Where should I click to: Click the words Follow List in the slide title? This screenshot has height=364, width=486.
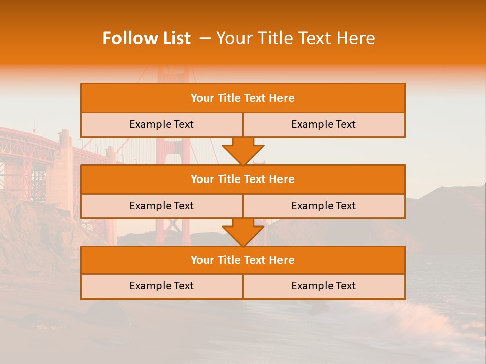click(x=146, y=38)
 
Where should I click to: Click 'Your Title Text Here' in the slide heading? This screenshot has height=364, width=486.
click(x=295, y=38)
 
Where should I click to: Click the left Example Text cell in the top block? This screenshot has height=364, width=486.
click(x=161, y=124)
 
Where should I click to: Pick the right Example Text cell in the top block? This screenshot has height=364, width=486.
click(x=323, y=124)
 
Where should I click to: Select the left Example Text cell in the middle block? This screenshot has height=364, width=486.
click(x=161, y=206)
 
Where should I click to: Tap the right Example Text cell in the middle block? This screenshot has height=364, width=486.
click(x=323, y=206)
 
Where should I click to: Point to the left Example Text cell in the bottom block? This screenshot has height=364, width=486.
click(x=161, y=286)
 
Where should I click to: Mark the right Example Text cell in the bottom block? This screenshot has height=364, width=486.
click(x=323, y=286)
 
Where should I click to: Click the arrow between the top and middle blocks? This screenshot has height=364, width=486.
click(x=243, y=151)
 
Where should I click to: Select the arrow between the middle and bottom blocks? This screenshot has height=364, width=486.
click(x=243, y=232)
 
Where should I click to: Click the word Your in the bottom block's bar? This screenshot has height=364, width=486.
click(x=202, y=260)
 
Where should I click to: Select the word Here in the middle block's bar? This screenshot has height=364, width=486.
click(x=282, y=179)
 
